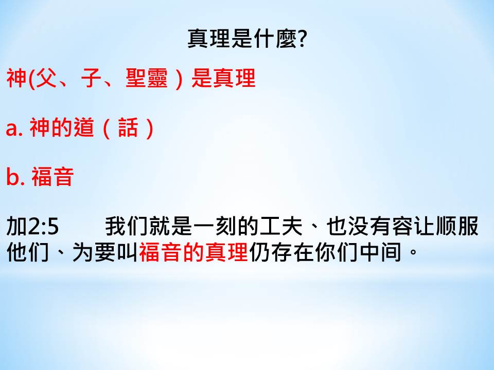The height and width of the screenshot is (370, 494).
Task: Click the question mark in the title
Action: pos(302,39)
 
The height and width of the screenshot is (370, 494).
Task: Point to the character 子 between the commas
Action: pos(91,78)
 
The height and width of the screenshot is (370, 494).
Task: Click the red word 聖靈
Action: pos(147,78)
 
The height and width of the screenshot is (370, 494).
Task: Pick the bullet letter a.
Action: pos(12,129)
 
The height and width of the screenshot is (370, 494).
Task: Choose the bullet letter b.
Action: pos(12,176)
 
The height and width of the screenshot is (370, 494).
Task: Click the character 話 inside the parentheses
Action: pos(128,127)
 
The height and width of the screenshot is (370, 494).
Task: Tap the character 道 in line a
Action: pos(84,127)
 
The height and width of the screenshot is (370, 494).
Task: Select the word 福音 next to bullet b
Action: pos(52,176)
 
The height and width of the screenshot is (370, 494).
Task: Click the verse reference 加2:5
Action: pos(32,226)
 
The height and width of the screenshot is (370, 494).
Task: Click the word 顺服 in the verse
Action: pos(457,226)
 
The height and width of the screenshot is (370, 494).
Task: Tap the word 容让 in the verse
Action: pos(413,226)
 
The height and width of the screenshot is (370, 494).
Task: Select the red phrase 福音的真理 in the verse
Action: pos(193,252)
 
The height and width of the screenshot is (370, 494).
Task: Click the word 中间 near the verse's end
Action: pos(381,252)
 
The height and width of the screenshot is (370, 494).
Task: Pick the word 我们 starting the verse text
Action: pos(127,226)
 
